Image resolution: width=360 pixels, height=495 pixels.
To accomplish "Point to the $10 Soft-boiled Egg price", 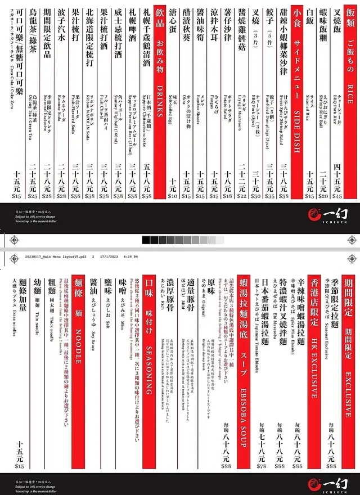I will coord(173,196).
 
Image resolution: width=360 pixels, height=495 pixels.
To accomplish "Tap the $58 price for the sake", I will coord(147,196).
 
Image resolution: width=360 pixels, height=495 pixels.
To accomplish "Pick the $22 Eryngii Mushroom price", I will coord(242,196).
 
